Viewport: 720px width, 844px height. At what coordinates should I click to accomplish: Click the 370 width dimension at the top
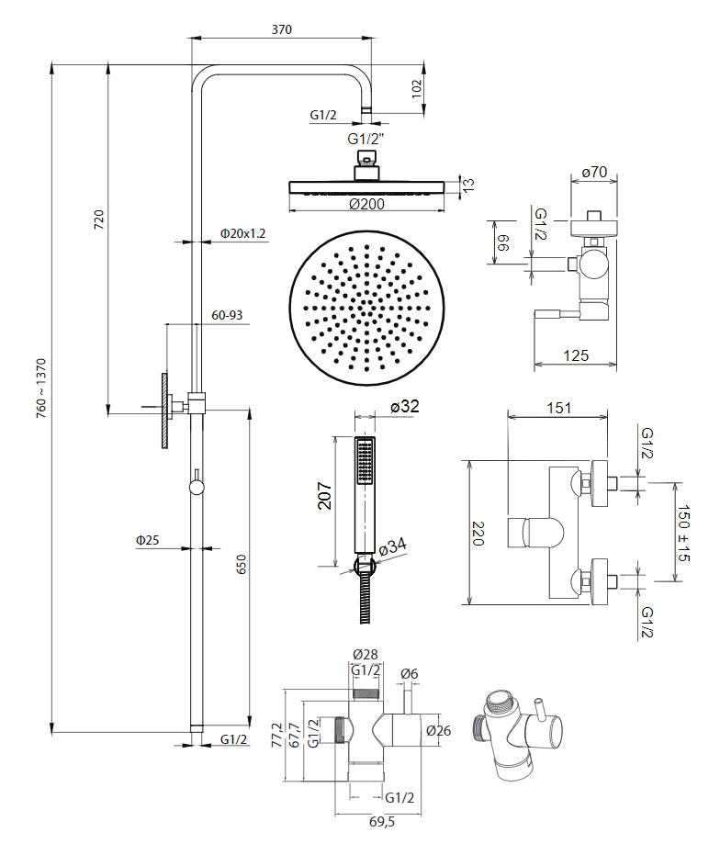coord(281,29)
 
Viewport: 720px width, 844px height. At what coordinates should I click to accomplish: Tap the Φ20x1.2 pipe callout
coord(242,233)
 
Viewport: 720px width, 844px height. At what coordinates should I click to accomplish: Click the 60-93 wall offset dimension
coord(227,315)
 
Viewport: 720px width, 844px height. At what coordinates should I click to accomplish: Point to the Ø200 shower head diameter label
coord(366,205)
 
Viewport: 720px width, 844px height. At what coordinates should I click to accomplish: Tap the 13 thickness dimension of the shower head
coord(469,186)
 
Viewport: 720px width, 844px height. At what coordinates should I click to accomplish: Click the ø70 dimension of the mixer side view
coord(596,171)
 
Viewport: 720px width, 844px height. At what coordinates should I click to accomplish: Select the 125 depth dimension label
coord(576,354)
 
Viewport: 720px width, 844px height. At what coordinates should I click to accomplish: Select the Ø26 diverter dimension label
coord(438,731)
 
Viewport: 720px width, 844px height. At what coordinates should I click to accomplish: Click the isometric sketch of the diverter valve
coord(513,732)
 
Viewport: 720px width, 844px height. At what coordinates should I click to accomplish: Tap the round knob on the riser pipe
coord(197,486)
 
